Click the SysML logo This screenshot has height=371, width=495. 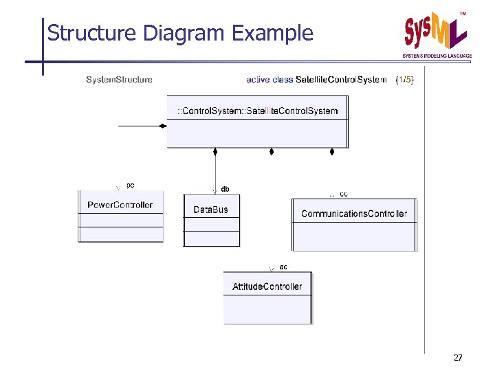tap(437, 32)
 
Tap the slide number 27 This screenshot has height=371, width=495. tap(459, 358)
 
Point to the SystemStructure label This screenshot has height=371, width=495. tap(119, 80)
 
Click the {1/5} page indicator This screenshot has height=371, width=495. tap(405, 80)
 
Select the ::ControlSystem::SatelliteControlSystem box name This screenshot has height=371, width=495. tap(257, 111)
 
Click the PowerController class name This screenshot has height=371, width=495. tap(120, 205)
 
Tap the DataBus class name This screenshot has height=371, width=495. tap(210, 209)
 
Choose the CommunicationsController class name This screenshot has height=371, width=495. tap(354, 214)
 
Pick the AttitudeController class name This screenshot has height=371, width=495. tap(267, 286)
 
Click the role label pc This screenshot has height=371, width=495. tap(131, 184)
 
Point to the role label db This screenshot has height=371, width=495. tap(225, 189)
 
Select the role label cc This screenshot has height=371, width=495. tap(344, 194)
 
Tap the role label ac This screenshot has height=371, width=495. tap(283, 267)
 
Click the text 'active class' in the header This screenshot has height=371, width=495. tap(269, 80)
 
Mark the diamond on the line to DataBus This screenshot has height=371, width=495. tap(215, 151)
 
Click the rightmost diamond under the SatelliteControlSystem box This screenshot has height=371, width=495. tap(331, 151)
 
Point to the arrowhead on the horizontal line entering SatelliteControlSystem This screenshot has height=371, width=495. tap(163, 126)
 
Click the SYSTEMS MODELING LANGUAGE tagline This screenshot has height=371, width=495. tap(437, 55)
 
